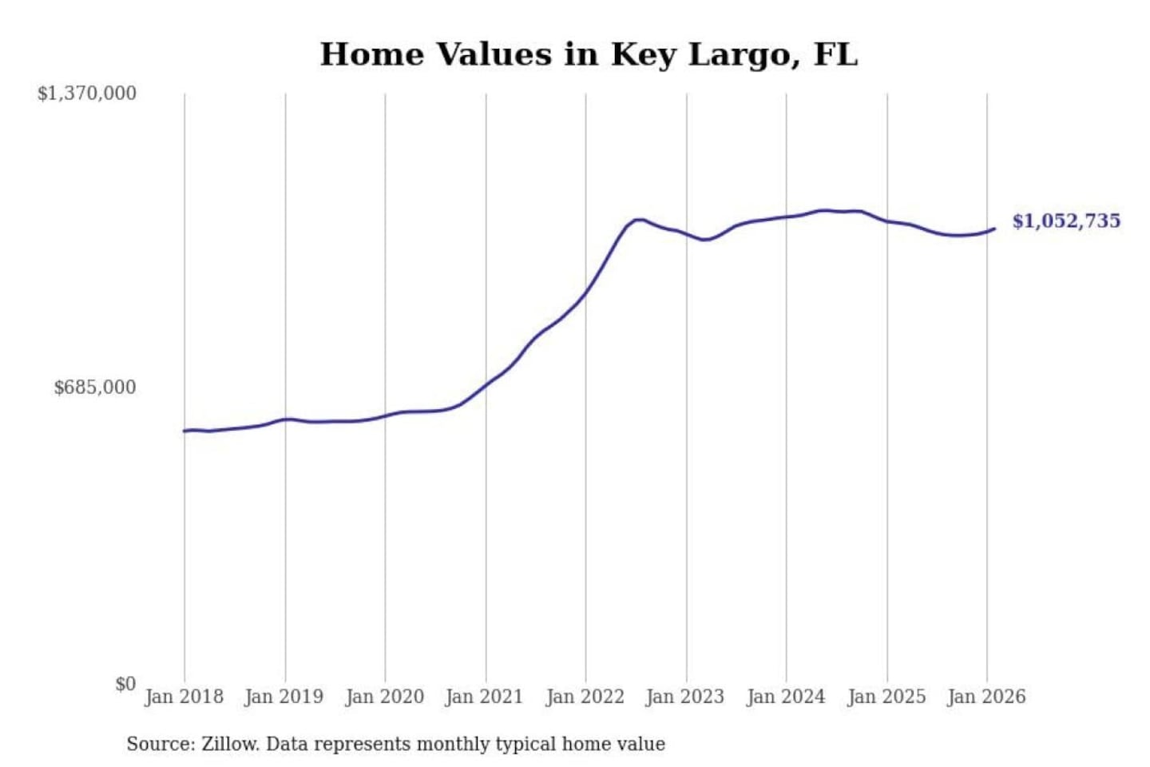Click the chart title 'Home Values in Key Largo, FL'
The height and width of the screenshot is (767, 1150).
[589, 54]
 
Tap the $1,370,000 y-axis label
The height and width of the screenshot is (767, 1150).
[87, 93]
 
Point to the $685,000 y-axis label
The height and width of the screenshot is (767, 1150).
[95, 387]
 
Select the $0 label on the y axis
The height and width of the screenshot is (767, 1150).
[125, 684]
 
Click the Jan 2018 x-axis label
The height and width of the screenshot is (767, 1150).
[184, 697]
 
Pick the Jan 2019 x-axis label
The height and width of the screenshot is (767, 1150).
[284, 697]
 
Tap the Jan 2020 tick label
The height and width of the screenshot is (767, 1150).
[384, 697]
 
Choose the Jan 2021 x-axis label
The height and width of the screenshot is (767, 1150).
[484, 697]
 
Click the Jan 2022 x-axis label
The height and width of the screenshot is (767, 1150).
[585, 697]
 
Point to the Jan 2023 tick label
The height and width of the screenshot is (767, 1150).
[684, 697]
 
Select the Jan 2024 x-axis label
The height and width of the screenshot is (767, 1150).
[785, 697]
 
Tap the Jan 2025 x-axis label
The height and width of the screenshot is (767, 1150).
[886, 697]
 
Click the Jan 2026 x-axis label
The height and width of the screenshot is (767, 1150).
[985, 697]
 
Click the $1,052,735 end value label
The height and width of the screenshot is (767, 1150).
[1066, 221]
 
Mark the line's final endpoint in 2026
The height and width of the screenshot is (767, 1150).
[994, 229]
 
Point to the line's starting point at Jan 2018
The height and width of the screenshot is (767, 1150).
[184, 431]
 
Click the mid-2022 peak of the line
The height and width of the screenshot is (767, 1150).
[637, 219]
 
